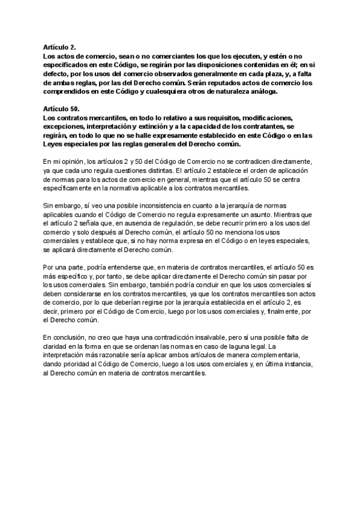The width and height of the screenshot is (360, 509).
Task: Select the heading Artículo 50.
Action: pyautogui.click(x=61, y=109)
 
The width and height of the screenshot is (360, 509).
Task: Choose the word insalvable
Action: pyautogui.click(x=192, y=337)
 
